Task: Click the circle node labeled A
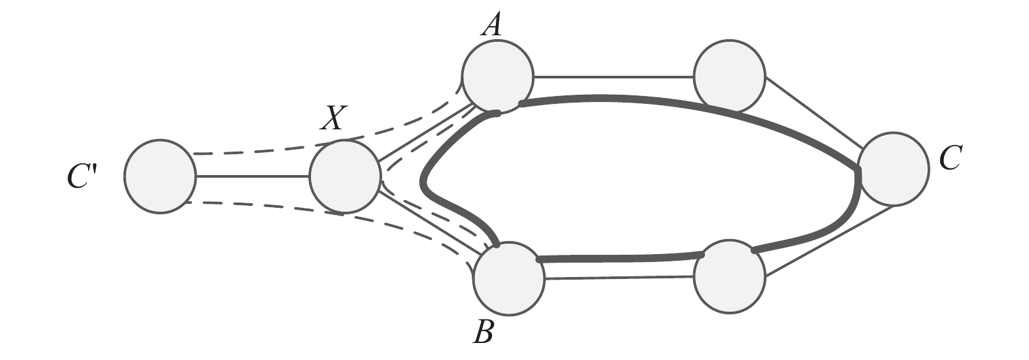[497, 75]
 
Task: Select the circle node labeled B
[509, 277]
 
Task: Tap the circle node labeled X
[344, 176]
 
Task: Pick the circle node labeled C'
[160, 176]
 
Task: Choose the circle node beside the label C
[893, 168]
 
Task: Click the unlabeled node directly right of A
[729, 76]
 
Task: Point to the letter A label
[491, 25]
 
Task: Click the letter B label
[483, 333]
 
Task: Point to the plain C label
[949, 159]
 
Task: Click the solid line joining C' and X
[252, 176]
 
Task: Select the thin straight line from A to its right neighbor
[613, 77]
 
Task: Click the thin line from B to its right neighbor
[618, 278]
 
